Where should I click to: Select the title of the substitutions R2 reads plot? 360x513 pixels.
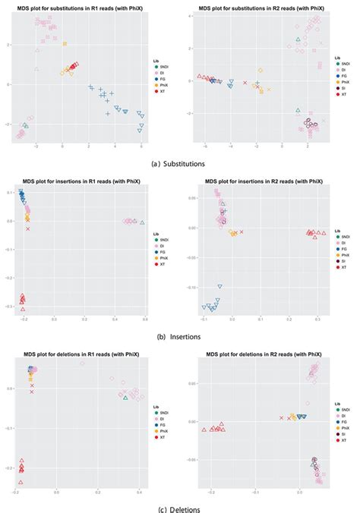(x=257, y=7)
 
